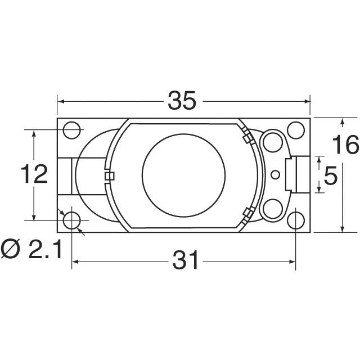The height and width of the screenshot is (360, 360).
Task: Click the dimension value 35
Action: (x=182, y=101)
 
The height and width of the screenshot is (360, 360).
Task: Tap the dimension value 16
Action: (x=344, y=145)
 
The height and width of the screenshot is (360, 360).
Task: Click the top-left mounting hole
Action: (x=71, y=130)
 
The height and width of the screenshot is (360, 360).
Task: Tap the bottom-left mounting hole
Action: (x=71, y=220)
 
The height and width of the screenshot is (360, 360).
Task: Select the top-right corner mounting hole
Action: (x=295, y=130)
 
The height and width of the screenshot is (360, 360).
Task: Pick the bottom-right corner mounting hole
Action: (x=295, y=220)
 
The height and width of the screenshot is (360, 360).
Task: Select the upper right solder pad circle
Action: (x=273, y=141)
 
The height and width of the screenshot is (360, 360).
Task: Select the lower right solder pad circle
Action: (x=273, y=208)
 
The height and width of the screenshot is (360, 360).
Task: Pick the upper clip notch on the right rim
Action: (x=246, y=137)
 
